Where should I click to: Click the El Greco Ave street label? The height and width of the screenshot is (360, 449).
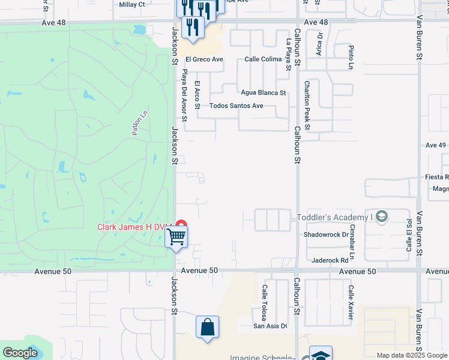[x=204, y=59]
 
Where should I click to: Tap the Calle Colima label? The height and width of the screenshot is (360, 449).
[x=263, y=59]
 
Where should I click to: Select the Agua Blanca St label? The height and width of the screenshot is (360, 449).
[x=263, y=93]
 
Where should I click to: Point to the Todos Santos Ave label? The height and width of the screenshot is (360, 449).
[x=236, y=106]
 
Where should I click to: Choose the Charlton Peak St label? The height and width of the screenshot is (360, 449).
[x=307, y=106]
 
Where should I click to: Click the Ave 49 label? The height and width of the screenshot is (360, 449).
[x=435, y=145]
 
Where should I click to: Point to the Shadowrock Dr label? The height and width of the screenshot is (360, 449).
[x=326, y=235]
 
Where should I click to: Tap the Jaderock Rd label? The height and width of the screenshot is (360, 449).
[x=330, y=260]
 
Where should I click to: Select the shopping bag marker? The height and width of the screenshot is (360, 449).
[x=207, y=327]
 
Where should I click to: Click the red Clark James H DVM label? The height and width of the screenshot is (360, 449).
[x=135, y=227]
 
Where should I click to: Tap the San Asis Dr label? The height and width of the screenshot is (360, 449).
[x=270, y=326]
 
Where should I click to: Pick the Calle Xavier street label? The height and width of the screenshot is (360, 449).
[x=350, y=302]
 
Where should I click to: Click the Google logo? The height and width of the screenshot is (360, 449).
[x=20, y=353]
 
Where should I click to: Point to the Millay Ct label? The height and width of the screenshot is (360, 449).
[x=133, y=4]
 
